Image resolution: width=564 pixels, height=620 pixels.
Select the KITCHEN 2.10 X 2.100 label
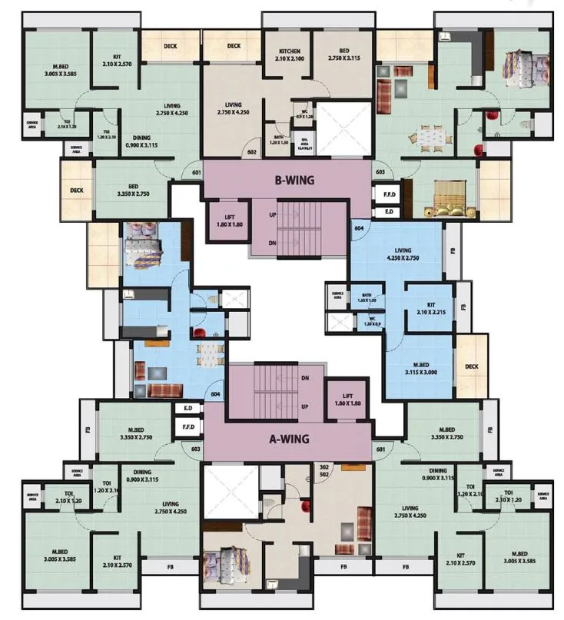point(288,55)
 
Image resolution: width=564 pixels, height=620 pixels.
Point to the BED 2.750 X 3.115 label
point(344,55)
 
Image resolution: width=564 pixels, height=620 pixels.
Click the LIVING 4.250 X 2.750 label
point(399,254)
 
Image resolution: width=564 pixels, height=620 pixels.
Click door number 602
point(250,152)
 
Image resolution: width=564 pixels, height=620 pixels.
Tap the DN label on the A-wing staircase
point(305,378)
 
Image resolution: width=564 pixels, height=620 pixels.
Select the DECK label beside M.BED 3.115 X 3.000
point(471,366)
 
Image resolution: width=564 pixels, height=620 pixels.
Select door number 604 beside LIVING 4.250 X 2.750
point(358,228)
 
